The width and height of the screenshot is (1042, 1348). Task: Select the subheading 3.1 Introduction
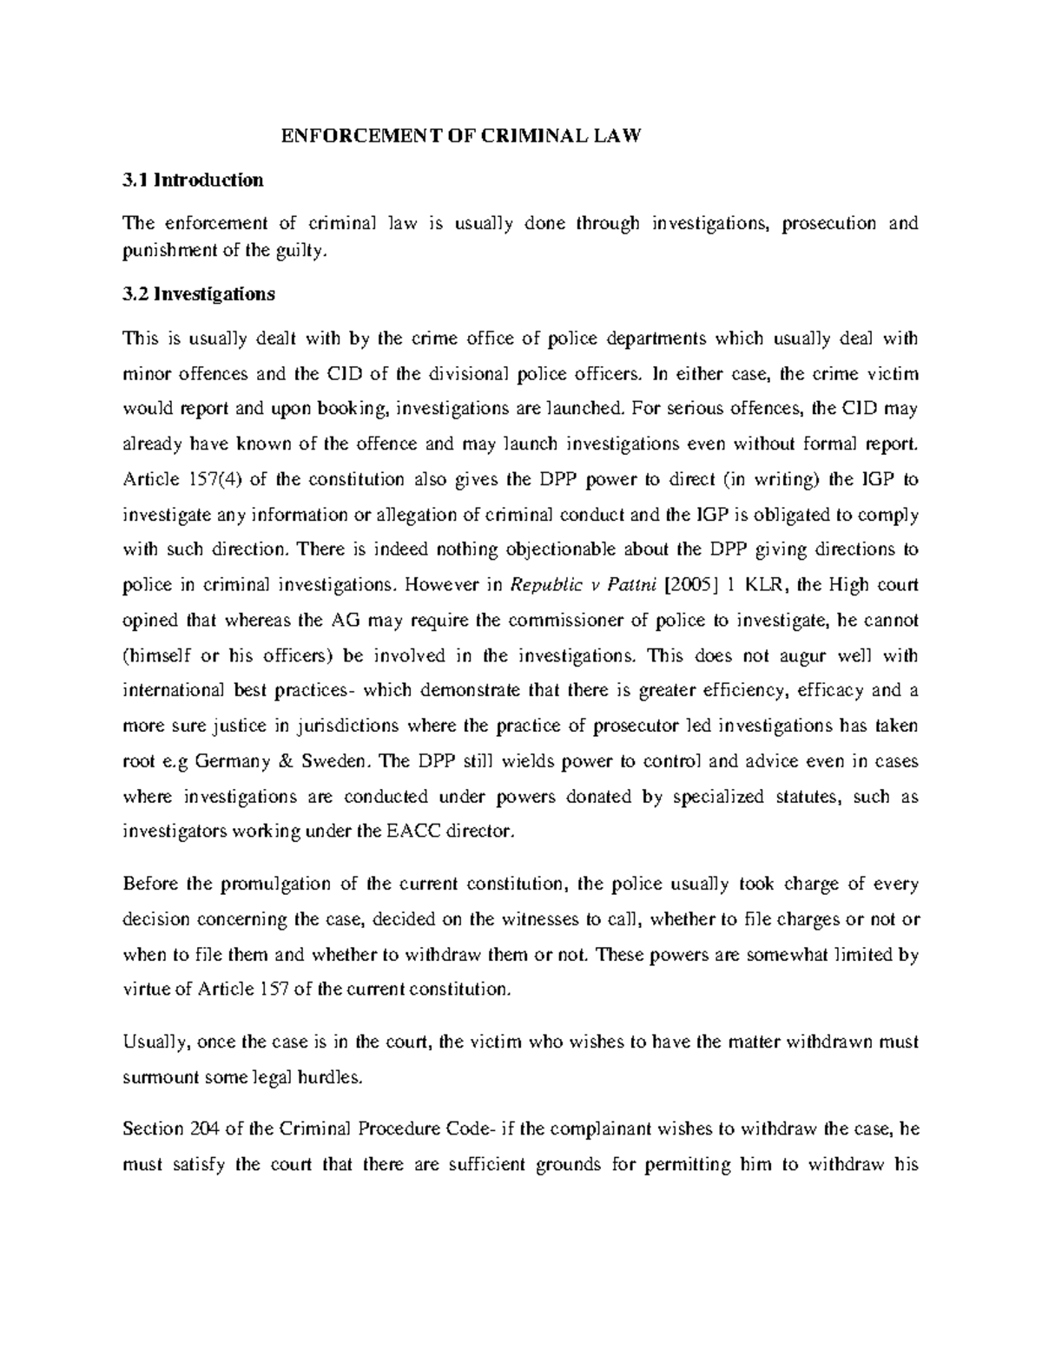193,181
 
